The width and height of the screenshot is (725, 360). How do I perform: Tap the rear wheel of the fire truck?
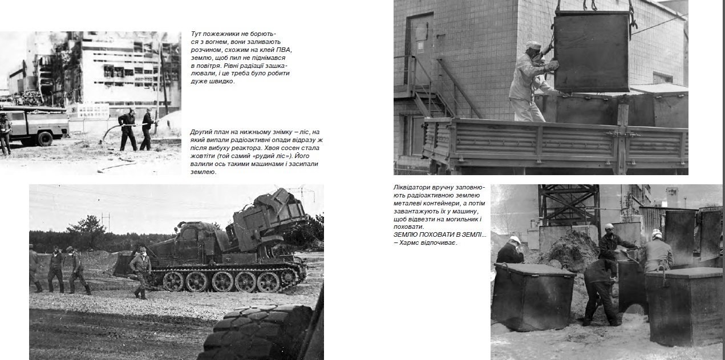[x=45, y=138]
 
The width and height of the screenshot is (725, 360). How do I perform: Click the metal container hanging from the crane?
[x=591, y=51]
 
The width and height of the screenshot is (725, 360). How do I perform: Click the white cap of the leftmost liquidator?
[x=515, y=240]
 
